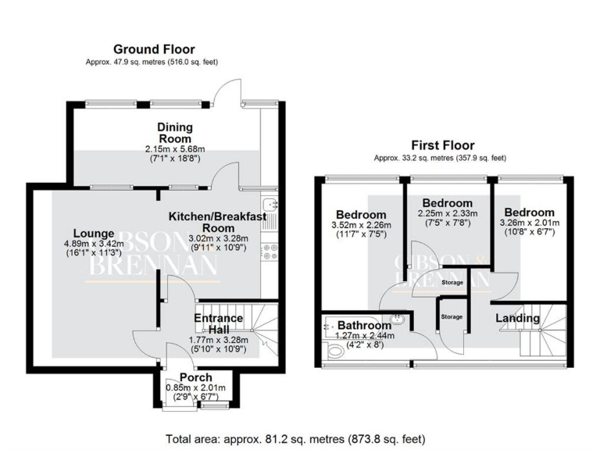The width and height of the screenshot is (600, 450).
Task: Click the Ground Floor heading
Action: coord(154,50)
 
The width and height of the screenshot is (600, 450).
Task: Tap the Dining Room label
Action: coord(175,133)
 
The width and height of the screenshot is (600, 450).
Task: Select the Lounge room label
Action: coord(95,233)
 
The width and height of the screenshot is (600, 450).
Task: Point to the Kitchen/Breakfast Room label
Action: coord(218,222)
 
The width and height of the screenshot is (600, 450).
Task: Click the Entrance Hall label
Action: coord(219,323)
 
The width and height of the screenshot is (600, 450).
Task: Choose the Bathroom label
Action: coord(365,326)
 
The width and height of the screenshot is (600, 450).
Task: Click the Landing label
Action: coord(519,318)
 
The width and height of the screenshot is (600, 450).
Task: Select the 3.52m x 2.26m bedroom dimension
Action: coord(361,227)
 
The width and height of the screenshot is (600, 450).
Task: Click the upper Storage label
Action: coord(452,282)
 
